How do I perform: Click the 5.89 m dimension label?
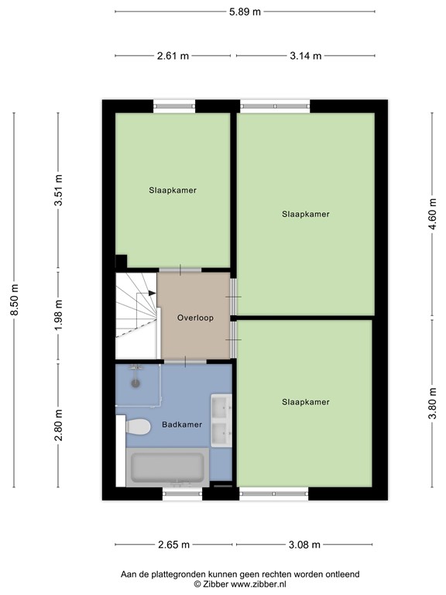pos(245,11)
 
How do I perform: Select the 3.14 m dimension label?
pos(306,56)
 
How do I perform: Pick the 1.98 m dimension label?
pos(58,316)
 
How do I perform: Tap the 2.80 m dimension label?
pos(58,425)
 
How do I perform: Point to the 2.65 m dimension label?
pos(173,545)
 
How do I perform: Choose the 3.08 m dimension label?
pos(304,545)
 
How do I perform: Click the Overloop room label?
pos(195,318)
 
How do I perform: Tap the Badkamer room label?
pos(182,425)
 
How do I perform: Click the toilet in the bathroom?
pos(137,426)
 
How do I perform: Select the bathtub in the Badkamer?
pos(166,468)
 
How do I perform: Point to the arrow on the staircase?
pos(150,293)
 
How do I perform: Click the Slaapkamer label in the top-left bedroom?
pos(173,190)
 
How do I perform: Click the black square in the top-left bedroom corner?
pos(121,261)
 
